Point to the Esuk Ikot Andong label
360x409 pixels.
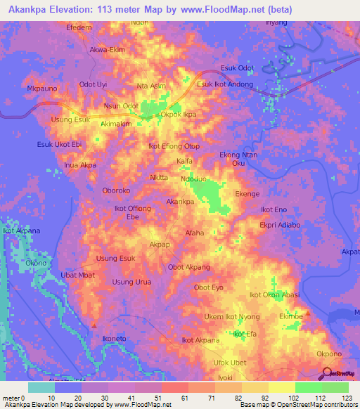224,85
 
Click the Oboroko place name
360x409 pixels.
116,190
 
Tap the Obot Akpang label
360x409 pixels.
189,267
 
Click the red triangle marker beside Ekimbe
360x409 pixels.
307,312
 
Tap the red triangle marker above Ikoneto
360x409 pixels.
94,325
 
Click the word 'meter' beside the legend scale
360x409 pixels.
12,398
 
